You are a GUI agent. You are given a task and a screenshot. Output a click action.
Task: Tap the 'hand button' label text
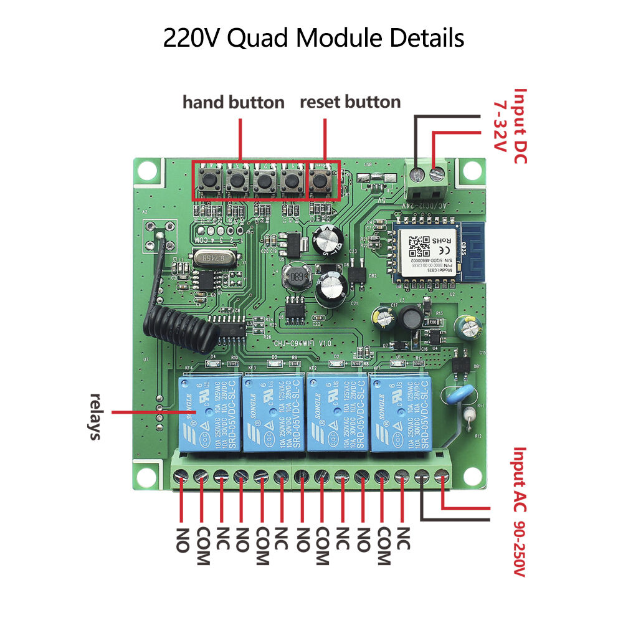click(x=233, y=102)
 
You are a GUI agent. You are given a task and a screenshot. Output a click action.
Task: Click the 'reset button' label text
click(x=350, y=102)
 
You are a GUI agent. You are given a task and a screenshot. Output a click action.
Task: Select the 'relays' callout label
click(x=95, y=416)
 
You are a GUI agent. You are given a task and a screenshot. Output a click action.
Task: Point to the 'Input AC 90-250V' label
click(x=520, y=511)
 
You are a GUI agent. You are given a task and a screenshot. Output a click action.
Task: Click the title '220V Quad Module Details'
click(x=313, y=38)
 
